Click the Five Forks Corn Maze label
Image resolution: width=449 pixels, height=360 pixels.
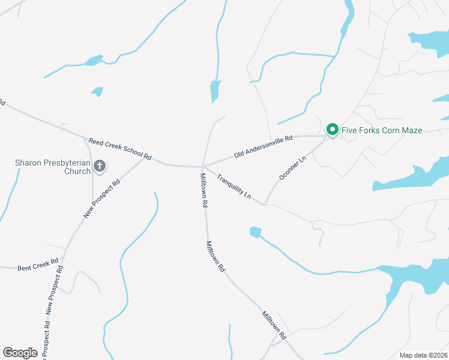pos(382,130)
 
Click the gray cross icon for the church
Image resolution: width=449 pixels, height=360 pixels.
pos(99,166)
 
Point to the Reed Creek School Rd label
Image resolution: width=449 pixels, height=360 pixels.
pos(120,150)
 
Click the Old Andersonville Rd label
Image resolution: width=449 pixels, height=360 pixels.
pos(263,146)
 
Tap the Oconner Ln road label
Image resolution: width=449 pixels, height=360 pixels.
pos(292,169)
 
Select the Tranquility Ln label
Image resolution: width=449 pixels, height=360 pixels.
pos(234,186)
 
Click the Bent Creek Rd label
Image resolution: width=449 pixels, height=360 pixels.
pos(38,265)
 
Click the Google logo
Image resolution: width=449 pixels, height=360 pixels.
pos(20,353)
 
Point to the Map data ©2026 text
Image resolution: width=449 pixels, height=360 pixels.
pos(423,355)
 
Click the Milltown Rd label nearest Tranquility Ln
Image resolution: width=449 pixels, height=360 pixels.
pos(204,190)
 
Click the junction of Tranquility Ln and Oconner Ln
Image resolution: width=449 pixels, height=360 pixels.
pos(264,205)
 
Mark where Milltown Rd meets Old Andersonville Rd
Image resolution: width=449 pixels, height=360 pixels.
pos(203,166)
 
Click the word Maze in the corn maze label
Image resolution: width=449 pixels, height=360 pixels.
pos(411,130)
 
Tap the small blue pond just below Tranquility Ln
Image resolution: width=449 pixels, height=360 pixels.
pos(256,232)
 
